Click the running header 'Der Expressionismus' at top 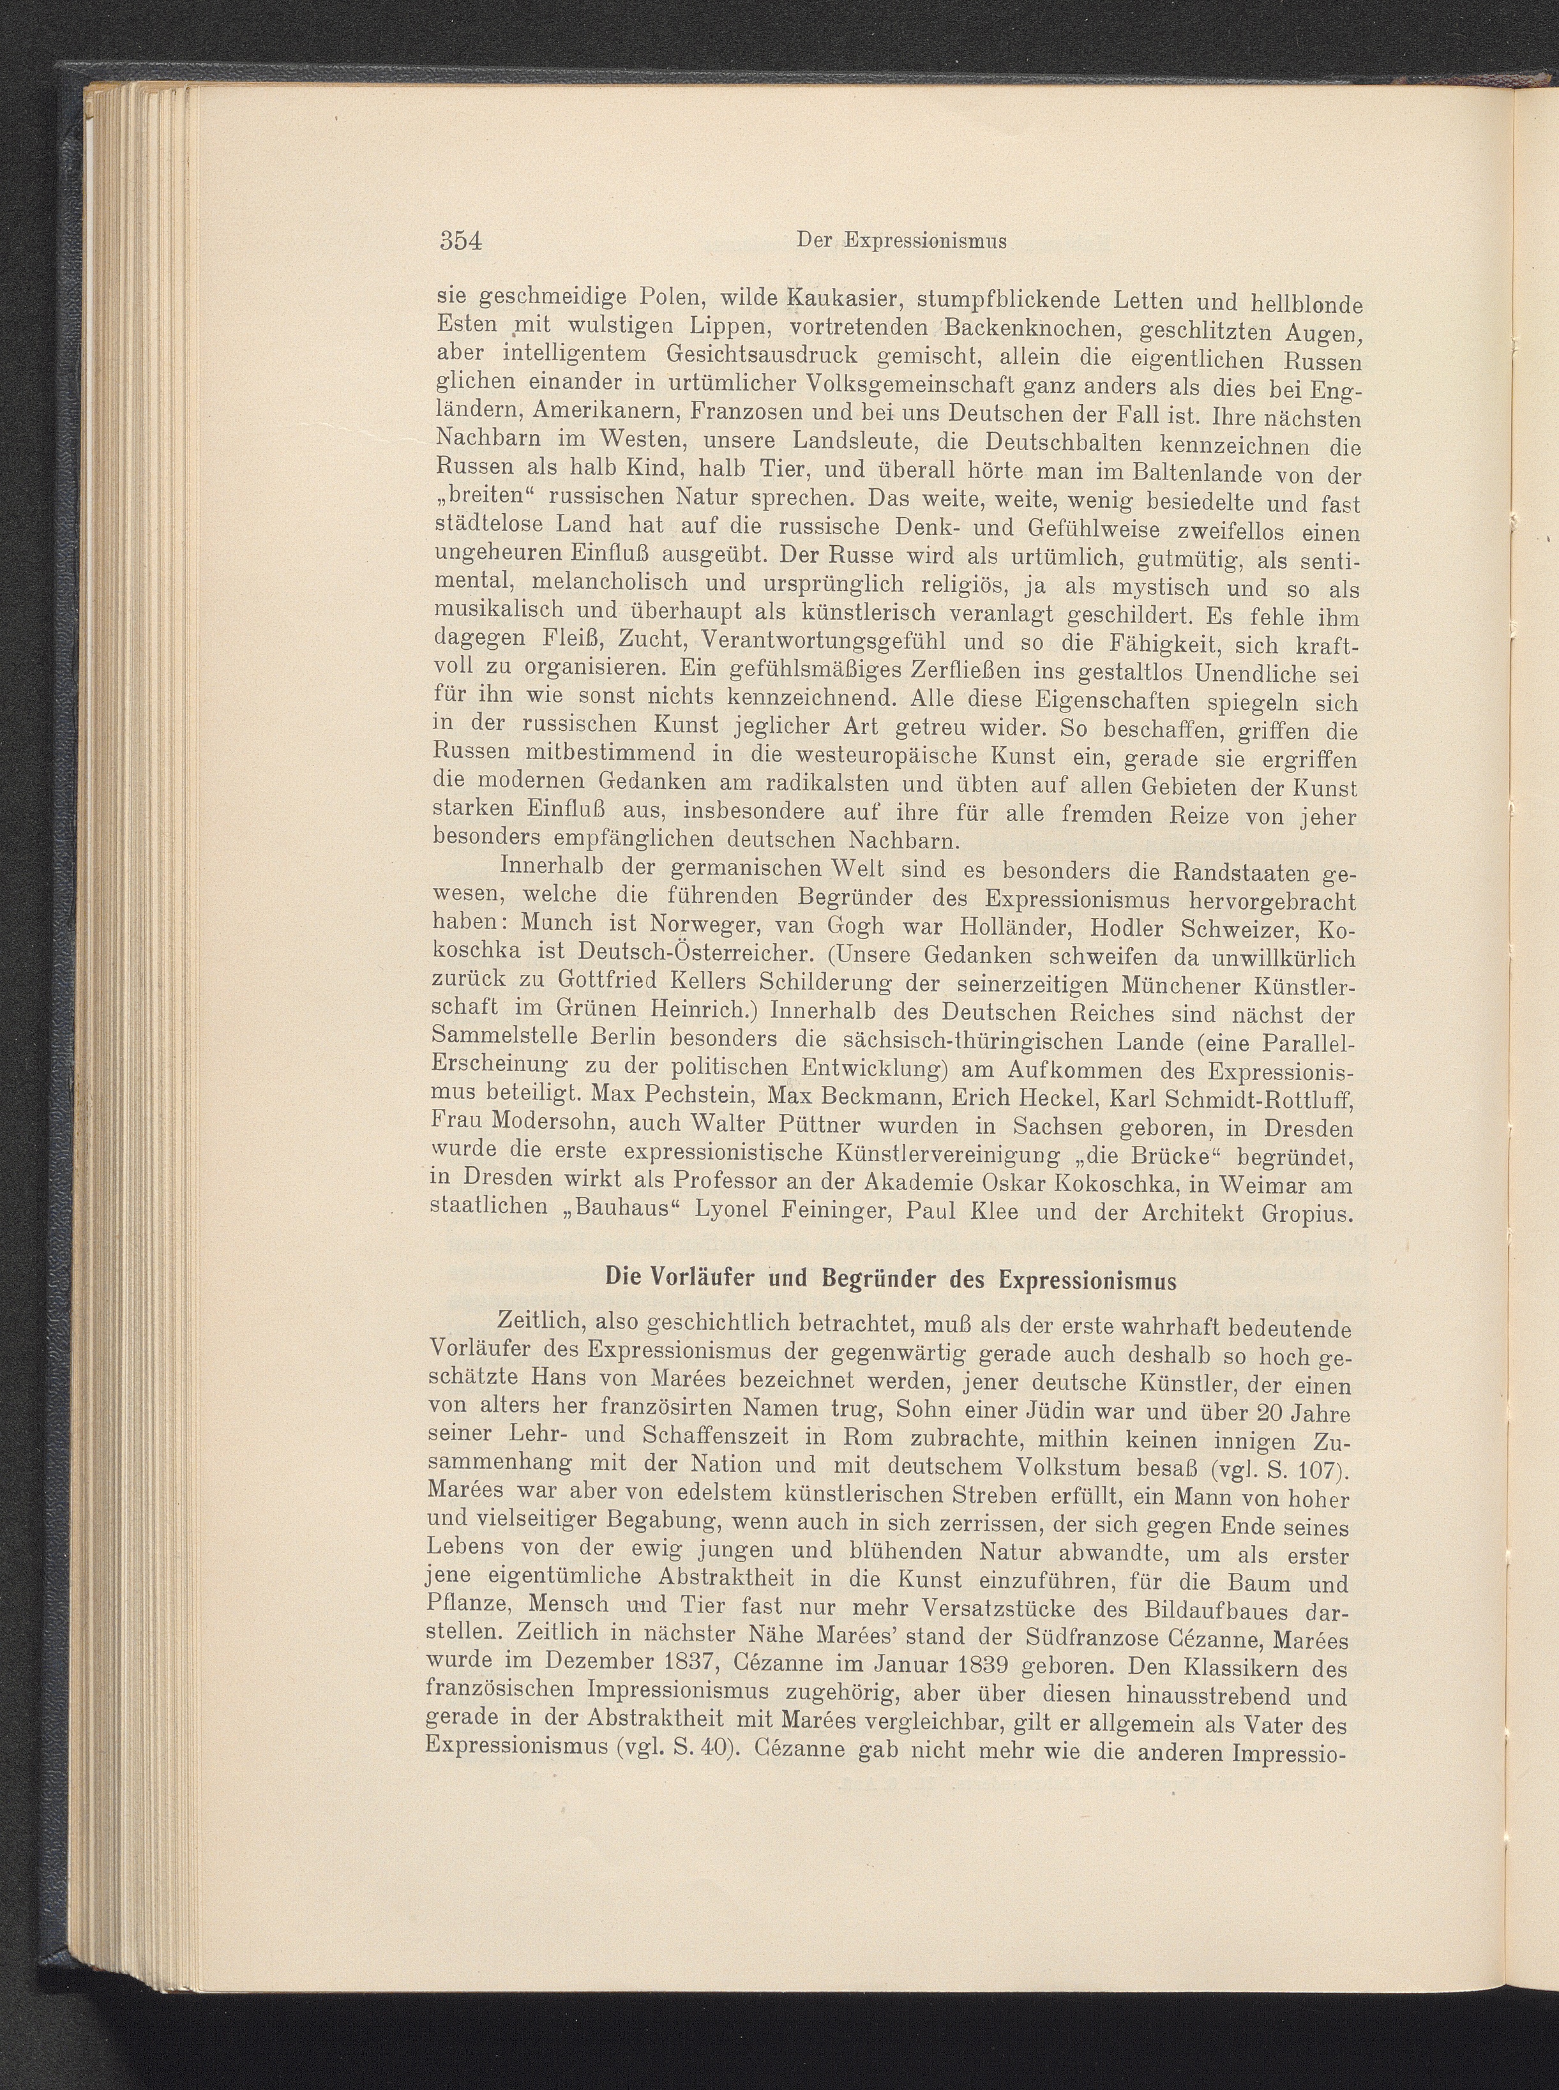[x=901, y=241]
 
